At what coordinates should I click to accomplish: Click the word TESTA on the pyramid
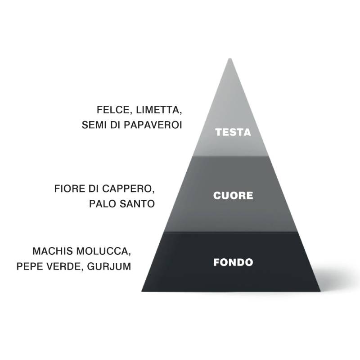point(233,132)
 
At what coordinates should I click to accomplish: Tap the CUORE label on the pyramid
point(233,196)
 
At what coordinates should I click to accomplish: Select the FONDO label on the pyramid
point(233,262)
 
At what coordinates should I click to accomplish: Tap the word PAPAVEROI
point(153,125)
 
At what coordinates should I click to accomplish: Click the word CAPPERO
point(128,189)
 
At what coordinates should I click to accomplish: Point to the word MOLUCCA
point(103,252)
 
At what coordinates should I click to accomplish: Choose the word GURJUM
point(109,266)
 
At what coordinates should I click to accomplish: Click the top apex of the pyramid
point(230,58)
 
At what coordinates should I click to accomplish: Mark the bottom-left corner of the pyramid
point(142,291)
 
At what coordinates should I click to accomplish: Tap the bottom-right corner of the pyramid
point(320,291)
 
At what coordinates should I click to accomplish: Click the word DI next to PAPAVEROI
point(116,125)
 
